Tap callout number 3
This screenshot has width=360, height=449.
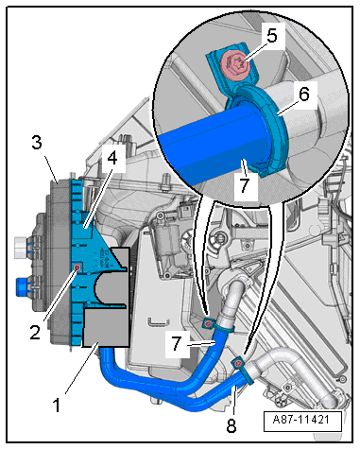[x=37, y=143]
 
